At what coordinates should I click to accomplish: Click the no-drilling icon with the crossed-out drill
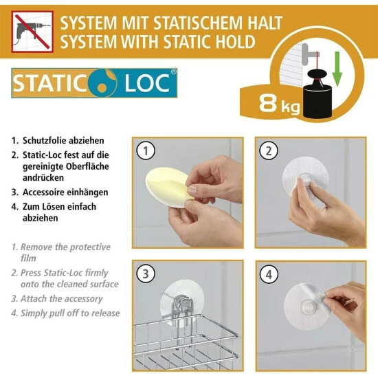coord(32,32)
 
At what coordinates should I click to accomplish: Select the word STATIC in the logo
coord(49,83)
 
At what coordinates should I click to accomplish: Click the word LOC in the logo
coord(146,83)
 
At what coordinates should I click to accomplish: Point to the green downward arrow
coord(337,69)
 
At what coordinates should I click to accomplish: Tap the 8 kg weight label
coord(280,104)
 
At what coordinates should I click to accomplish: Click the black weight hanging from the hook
coord(317,95)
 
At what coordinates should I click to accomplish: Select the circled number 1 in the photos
coord(146,151)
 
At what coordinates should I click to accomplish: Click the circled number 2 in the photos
coord(269,151)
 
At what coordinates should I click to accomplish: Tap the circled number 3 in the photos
coord(146,274)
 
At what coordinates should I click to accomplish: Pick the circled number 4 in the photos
coord(269,274)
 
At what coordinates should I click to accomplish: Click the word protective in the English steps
coord(90,247)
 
